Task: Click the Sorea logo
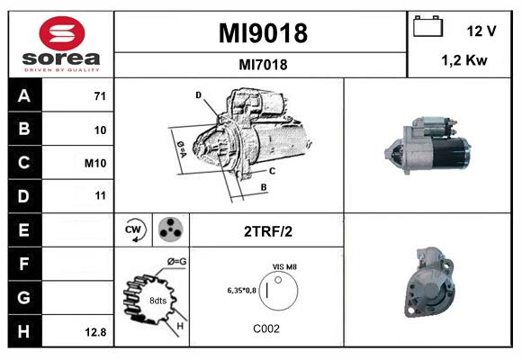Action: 60,44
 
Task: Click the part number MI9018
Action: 264,33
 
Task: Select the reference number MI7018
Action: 264,64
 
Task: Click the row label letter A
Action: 24,95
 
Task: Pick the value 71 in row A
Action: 100,94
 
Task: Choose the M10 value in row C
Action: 96,163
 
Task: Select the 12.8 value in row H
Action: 95,332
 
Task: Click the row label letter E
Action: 24,230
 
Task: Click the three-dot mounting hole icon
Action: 169,230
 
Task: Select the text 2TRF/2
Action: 267,231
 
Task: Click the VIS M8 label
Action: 285,266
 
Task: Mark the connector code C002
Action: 267,329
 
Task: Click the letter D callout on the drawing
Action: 198,94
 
